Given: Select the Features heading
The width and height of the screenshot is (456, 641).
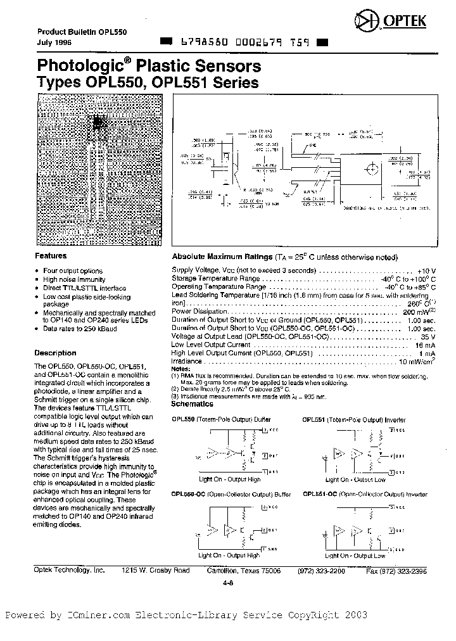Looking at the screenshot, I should point(51,256).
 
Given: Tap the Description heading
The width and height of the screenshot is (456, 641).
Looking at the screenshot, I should point(55,353).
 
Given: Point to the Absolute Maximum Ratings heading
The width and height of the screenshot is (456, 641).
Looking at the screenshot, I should point(221,257).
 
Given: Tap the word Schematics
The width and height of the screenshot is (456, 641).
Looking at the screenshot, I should point(193,403).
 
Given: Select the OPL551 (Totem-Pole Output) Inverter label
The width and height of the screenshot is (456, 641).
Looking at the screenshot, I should point(354,419).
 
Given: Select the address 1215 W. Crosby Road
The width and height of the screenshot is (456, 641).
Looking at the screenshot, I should point(156,570).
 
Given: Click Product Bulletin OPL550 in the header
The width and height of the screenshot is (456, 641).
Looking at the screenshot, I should point(70,32).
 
